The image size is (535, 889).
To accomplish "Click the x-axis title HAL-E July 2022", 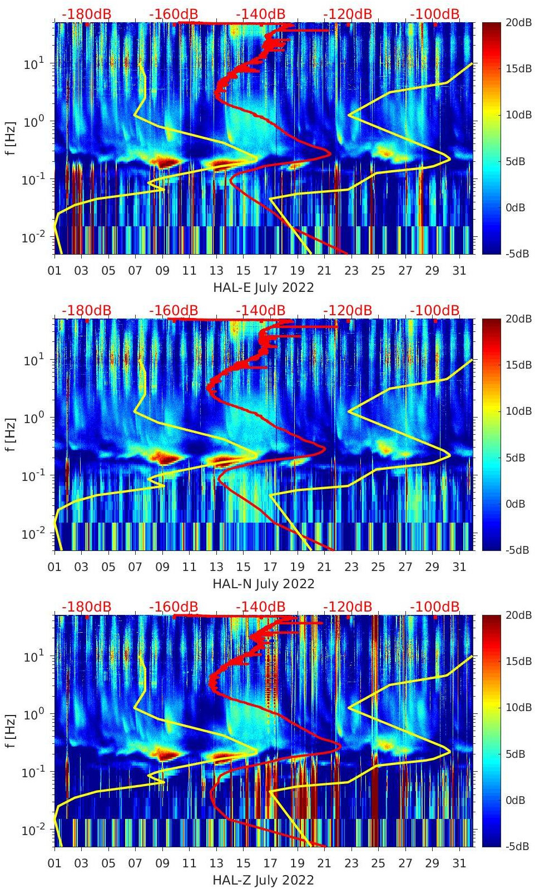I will tap(264, 287).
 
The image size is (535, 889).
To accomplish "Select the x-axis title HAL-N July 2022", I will tap(264, 584).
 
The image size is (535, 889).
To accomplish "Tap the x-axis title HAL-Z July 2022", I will tap(264, 880).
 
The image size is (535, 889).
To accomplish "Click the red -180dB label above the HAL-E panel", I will tap(86, 14).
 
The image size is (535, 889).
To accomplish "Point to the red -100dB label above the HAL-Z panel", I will tap(435, 607).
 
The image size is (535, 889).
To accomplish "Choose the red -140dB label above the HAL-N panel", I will tap(260, 310).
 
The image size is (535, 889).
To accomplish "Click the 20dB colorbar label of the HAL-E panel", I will tap(515, 22).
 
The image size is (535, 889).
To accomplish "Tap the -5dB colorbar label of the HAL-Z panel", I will tap(515, 846).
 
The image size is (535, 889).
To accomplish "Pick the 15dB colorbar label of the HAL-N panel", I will tap(515, 365).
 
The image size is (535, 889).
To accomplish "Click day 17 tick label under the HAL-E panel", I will tap(270, 271).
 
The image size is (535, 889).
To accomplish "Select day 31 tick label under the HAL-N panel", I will tap(459, 567).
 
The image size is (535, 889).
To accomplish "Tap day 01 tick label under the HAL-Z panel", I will tap(55, 863).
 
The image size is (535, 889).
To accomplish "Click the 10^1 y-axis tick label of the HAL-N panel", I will tap(31, 360).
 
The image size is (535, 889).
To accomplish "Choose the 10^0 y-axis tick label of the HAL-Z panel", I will tap(31, 714).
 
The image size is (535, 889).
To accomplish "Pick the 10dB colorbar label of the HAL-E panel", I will tap(515, 115).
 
